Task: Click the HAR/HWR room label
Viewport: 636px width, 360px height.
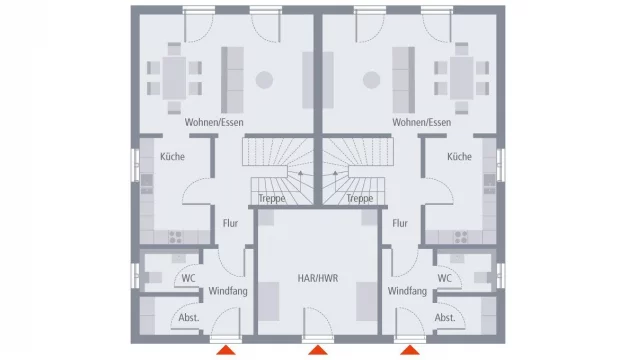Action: pos(318,278)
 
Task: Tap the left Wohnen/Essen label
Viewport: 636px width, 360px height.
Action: pos(214,122)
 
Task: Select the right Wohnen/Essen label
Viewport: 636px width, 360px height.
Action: pos(421,122)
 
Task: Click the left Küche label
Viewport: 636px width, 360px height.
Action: pos(172,156)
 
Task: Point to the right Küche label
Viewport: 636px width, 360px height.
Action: pos(459,156)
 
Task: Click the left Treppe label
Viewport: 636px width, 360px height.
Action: pos(272,199)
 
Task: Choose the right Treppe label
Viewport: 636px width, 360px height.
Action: pos(360,199)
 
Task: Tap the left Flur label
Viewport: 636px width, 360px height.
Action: pos(230,223)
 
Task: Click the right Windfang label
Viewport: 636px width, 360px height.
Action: pos(407,291)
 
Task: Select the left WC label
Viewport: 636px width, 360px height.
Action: pos(189,278)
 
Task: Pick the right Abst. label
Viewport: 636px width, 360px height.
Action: pos(445,317)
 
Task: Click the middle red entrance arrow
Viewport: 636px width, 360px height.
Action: pos(318,350)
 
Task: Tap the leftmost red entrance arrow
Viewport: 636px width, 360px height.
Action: pos(226,350)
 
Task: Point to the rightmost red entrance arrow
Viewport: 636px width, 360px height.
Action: pos(410,350)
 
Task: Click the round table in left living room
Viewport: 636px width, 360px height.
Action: pos(264,80)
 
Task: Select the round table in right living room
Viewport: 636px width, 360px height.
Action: pos(372,80)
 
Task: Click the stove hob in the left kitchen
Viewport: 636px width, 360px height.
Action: pos(175,237)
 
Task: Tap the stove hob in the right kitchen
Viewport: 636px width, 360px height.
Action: pos(461,237)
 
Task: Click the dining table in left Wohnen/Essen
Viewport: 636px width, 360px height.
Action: pos(175,78)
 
